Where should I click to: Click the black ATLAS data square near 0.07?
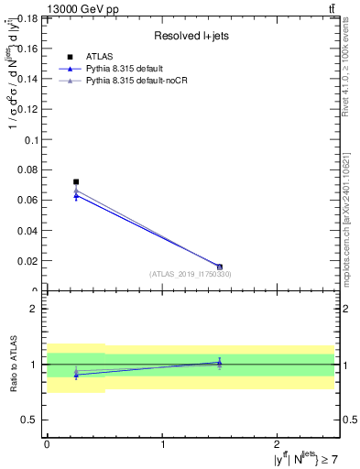(76, 182)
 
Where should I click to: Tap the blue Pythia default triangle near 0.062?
(76, 196)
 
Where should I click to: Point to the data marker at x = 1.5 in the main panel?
(220, 267)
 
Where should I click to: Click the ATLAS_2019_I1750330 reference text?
(191, 274)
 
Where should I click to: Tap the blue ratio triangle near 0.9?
(76, 375)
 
